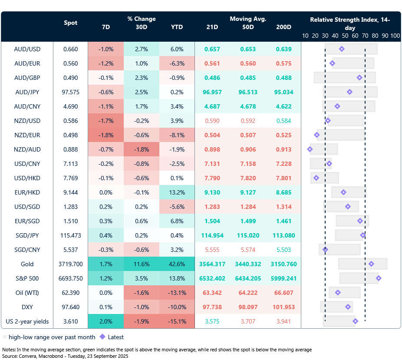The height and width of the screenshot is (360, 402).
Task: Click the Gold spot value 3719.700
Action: click(70, 264)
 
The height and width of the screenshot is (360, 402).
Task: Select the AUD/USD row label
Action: click(27, 49)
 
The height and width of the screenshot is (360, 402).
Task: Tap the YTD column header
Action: click(177, 27)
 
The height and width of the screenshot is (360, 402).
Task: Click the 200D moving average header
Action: click(283, 27)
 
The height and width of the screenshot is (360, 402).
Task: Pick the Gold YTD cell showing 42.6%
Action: click(177, 264)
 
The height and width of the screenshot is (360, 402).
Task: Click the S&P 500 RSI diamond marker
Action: click(379, 278)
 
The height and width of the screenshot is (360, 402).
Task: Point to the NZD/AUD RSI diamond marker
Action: click(310, 149)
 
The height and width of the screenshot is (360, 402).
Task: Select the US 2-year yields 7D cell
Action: click(105, 321)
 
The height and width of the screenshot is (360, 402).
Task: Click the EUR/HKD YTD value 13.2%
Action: click(177, 192)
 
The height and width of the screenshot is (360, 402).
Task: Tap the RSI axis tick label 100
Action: click(395, 36)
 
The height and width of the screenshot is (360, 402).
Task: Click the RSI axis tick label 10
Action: click(305, 36)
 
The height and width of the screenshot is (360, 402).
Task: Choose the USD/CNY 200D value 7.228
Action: click(283, 164)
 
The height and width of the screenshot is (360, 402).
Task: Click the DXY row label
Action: click(27, 307)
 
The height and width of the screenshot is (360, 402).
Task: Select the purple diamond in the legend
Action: click(102, 337)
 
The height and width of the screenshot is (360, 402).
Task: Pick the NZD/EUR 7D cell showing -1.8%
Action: click(105, 135)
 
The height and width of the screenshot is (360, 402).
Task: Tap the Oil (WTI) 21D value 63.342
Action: click(213, 293)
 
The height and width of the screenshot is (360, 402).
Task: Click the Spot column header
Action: click(70, 23)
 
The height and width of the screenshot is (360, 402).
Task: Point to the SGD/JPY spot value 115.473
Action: click(70, 235)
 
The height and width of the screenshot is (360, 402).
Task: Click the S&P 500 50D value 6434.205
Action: click(248, 278)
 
